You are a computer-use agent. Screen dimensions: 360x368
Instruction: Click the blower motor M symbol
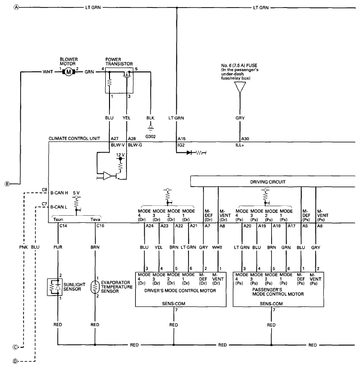point(69,71)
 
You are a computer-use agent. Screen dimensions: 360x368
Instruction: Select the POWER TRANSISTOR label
point(119,62)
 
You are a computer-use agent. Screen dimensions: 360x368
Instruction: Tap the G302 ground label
point(150,136)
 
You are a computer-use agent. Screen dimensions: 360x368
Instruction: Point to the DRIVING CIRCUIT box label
point(267,182)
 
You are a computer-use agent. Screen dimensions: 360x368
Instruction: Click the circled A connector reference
point(16,8)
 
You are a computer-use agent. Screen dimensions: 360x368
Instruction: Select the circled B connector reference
point(7,184)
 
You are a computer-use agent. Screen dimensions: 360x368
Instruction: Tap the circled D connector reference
point(15,361)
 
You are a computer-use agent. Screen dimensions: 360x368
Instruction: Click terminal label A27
point(114,139)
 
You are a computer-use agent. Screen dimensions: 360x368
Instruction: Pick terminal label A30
point(245,139)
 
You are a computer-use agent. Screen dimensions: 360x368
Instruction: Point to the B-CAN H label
point(59,193)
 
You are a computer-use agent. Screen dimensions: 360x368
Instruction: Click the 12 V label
point(120,155)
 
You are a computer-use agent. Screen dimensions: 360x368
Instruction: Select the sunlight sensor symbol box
point(55,287)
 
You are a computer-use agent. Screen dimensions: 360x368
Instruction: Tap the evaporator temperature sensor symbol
point(95,287)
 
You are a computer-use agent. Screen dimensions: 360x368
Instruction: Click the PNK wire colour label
point(23,247)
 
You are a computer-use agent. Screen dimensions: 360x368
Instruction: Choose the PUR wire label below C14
point(58,247)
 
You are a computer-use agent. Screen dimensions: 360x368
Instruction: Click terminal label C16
point(100,226)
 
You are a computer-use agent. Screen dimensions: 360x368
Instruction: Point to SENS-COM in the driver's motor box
point(174,304)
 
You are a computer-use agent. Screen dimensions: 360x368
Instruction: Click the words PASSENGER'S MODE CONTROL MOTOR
point(278,292)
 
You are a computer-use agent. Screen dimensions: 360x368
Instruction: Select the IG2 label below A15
point(181,145)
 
